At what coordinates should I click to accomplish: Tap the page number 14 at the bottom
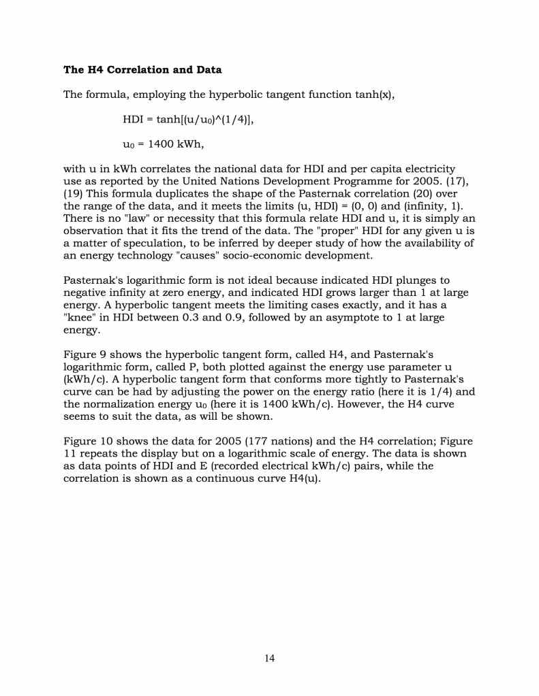click(x=269, y=658)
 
